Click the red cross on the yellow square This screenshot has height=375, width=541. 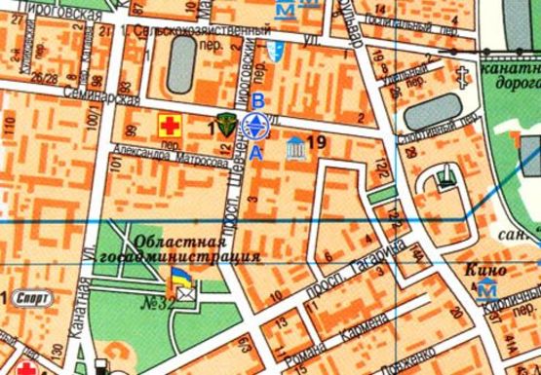pos(170,125)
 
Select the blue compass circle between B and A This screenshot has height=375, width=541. pos(256,126)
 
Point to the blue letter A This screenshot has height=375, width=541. pos(256,152)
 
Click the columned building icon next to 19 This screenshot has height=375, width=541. pos(292,149)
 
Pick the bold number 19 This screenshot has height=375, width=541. pos(314,143)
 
